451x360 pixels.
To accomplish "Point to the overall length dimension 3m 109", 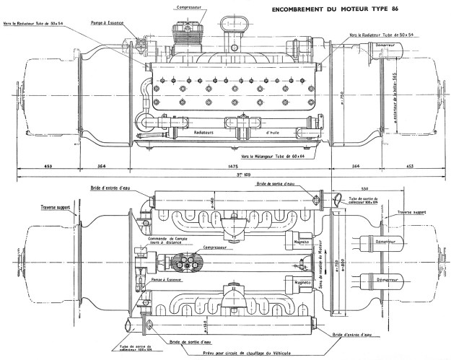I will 229,175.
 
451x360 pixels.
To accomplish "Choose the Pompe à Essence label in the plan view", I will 167,276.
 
